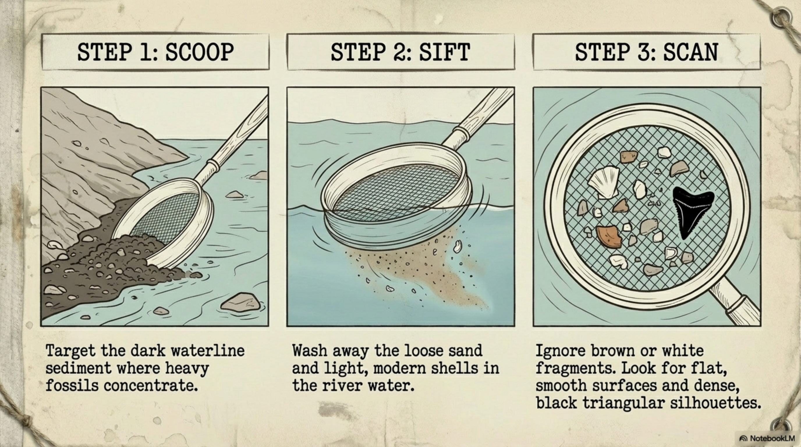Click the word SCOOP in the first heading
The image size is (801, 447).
tap(199, 52)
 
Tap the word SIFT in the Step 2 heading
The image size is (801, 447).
tap(444, 52)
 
